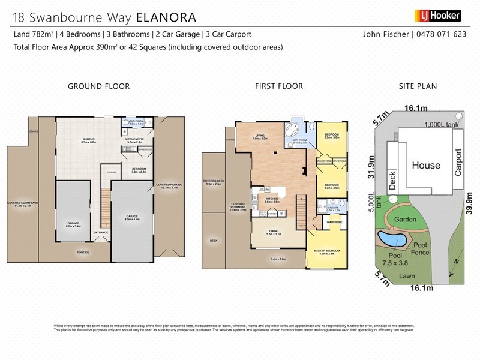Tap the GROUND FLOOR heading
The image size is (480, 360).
(98, 86)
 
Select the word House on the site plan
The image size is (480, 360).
(425, 165)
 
